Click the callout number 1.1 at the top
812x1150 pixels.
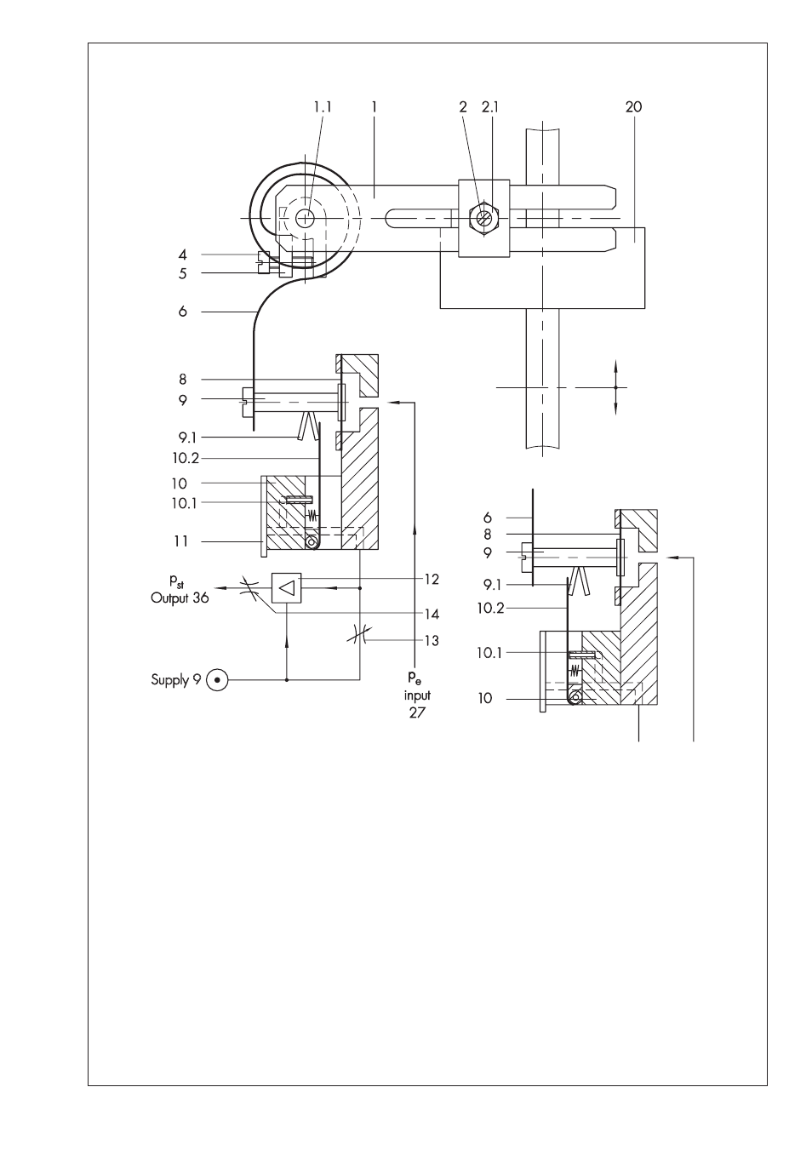click(x=323, y=106)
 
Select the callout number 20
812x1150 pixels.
click(x=633, y=106)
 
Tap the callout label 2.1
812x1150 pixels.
click(x=490, y=106)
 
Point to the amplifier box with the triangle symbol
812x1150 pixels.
click(x=286, y=587)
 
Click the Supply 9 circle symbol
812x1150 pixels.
click(x=216, y=680)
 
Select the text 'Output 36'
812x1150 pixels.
click(x=180, y=598)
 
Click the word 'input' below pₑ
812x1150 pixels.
click(x=417, y=695)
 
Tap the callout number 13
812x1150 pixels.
click(x=432, y=641)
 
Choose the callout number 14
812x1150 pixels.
click(x=432, y=614)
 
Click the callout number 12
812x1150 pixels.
click(x=432, y=579)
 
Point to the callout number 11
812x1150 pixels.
click(x=180, y=541)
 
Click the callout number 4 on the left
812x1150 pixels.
click(x=183, y=255)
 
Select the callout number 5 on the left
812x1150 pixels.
click(x=183, y=273)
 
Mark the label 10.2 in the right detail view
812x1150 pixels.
click(x=491, y=609)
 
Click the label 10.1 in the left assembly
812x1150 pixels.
click(x=184, y=503)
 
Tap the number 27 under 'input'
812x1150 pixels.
click(x=417, y=712)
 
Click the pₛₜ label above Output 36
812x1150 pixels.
click(x=177, y=581)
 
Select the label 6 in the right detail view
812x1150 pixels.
click(x=487, y=518)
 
